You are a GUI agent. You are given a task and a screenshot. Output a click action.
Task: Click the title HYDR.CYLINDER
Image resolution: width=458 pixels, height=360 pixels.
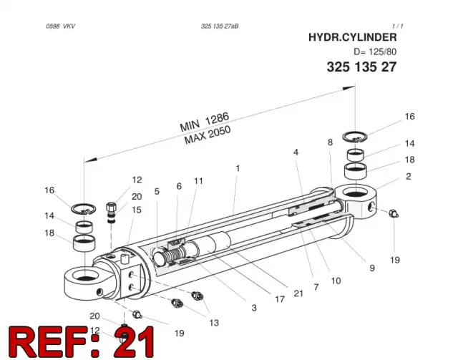(x=353, y=37)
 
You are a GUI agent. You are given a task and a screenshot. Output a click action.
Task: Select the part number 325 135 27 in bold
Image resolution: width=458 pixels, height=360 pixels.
(x=361, y=67)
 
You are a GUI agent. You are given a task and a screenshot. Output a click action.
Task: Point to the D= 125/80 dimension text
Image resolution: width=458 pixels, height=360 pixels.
(x=375, y=52)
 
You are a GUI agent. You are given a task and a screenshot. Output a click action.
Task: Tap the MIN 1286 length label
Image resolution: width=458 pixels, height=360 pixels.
(x=204, y=122)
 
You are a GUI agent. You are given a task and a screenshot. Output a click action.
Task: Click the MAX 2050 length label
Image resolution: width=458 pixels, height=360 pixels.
(x=208, y=135)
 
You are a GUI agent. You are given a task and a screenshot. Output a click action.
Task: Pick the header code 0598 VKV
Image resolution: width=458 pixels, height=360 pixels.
(x=60, y=26)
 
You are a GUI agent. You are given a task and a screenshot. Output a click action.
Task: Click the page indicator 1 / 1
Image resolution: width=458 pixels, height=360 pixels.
(x=398, y=26)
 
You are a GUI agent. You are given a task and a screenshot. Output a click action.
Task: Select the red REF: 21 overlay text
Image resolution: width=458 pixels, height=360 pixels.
(x=82, y=342)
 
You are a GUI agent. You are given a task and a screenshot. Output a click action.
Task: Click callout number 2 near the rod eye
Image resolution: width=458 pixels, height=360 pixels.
(x=409, y=176)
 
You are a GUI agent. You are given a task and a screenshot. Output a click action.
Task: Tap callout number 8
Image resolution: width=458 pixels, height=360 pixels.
(x=330, y=142)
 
